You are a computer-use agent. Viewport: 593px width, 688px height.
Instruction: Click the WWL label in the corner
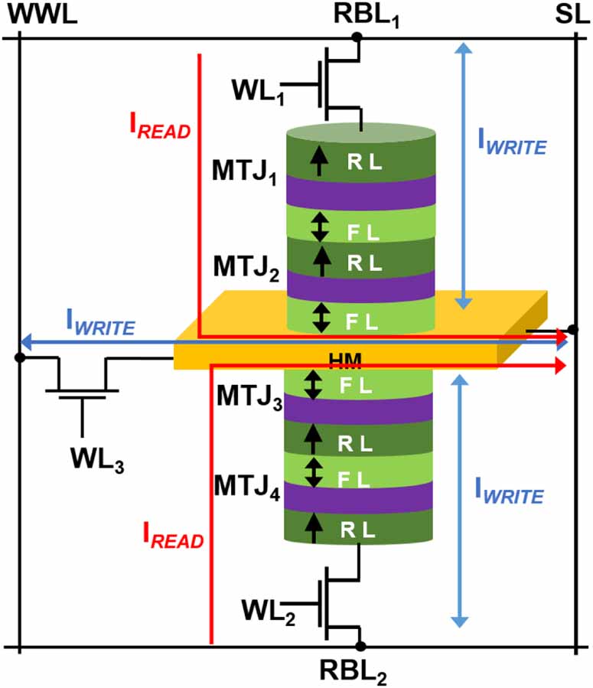[x=39, y=15]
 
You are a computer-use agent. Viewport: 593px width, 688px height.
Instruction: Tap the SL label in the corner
[x=572, y=15]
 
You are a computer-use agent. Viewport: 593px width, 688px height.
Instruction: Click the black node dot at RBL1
[x=356, y=36]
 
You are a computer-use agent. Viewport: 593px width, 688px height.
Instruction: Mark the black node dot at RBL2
[x=360, y=647]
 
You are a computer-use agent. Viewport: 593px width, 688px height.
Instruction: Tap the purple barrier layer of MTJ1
[x=360, y=191]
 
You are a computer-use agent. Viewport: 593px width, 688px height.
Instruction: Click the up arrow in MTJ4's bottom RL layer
[x=313, y=526]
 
